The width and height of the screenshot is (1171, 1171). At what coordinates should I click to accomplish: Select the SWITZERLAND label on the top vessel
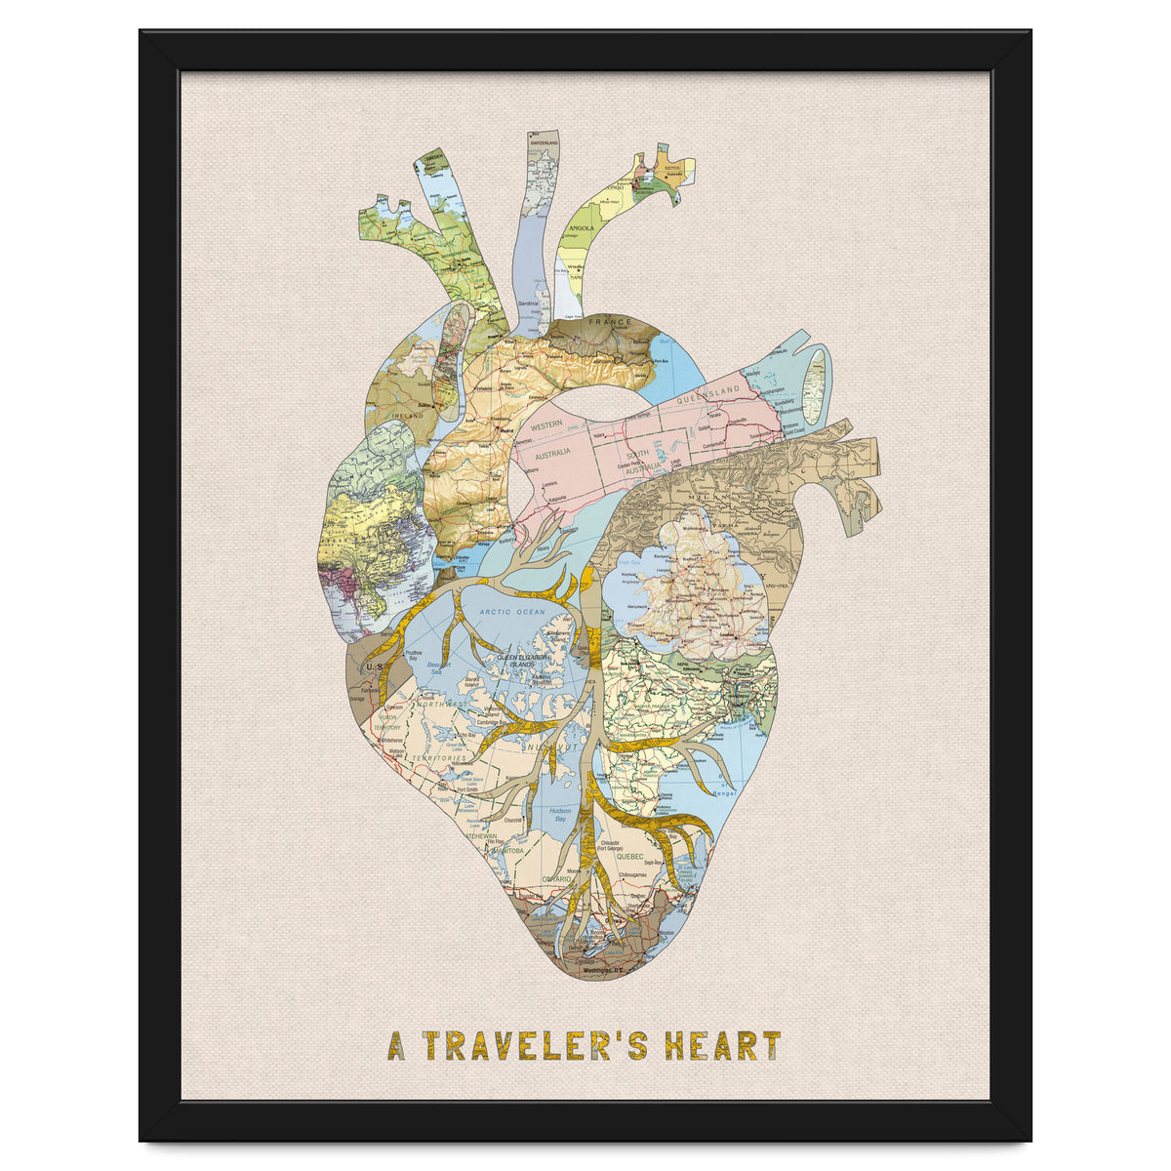[x=544, y=143]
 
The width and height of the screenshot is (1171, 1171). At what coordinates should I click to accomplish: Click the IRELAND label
[x=406, y=415]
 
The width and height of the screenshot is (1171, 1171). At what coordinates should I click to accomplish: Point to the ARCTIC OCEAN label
[x=512, y=612]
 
